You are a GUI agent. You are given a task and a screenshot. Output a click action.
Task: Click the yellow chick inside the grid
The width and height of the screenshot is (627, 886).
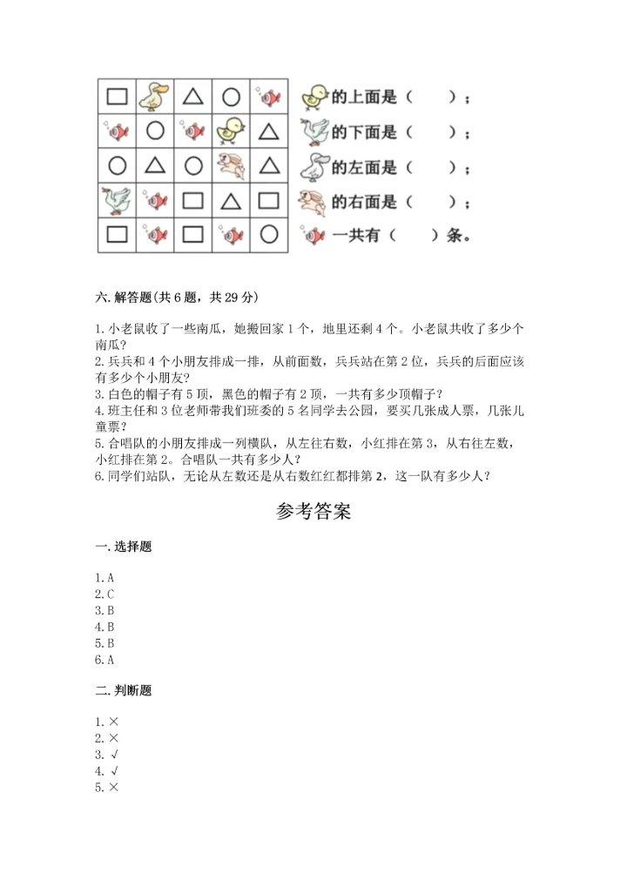pos(230,131)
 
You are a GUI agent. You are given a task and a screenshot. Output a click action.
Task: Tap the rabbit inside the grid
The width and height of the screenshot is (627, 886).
pos(230,165)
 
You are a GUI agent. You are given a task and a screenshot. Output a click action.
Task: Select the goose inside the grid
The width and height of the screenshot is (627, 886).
pos(117,201)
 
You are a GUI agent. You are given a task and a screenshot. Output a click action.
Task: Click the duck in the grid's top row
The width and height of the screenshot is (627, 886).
pos(155,96)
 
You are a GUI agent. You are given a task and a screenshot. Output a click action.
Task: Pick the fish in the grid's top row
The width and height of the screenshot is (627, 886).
pos(268,96)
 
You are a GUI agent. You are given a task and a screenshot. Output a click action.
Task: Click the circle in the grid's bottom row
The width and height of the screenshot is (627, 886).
pos(268,234)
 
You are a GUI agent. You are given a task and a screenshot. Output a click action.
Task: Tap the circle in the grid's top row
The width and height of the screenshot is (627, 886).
pos(230,96)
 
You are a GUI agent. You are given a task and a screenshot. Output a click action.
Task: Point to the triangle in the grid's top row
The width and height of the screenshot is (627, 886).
pos(192,96)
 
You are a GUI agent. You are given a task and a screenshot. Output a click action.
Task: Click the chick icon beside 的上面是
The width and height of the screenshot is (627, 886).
pos(313,97)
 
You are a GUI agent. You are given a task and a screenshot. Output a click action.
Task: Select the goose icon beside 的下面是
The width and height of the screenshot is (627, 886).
pos(313,132)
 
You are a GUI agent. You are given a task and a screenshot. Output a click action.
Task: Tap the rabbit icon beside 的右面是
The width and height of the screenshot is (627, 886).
pos(313,202)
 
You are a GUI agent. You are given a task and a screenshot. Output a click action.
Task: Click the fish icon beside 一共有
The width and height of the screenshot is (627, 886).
pos(313,235)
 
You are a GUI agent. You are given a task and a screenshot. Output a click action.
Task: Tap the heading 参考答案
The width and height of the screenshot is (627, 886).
pos(313,512)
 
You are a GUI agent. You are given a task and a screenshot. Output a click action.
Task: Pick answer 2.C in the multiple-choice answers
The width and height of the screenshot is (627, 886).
pos(105,594)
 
